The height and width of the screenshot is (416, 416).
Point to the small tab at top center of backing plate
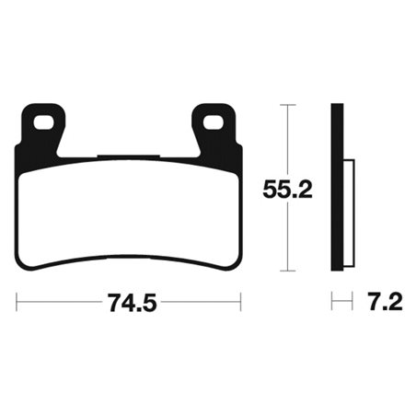pyautogui.click(x=128, y=154)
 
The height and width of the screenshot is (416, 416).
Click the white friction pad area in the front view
pyautogui.click(x=127, y=212)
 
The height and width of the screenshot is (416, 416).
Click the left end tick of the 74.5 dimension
pyautogui.click(x=17, y=301)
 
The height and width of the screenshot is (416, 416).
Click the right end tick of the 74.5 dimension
pyautogui.click(x=239, y=301)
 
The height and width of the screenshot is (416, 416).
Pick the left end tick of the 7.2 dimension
pyautogui.click(x=332, y=301)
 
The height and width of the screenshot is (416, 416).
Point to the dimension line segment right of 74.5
pyautogui.click(x=198, y=301)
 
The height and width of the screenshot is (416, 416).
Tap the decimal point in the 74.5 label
pyautogui.click(x=131, y=308)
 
